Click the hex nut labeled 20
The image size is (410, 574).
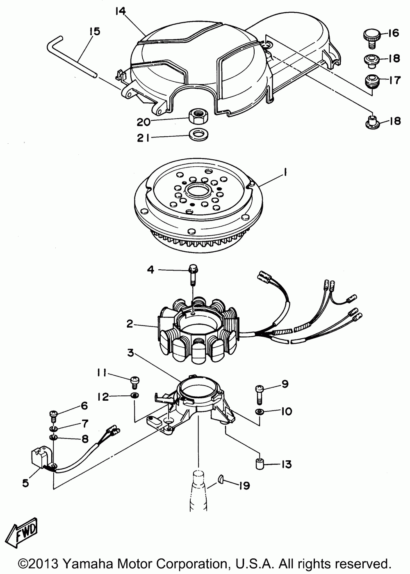tap(199, 118)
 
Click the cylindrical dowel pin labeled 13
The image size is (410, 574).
tap(259, 464)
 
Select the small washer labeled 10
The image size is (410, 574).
tap(259, 411)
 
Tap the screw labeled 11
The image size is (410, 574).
tap(134, 381)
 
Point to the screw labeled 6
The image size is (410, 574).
tap(54, 414)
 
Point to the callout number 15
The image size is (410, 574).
tap(94, 32)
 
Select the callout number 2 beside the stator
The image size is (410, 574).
tap(130, 324)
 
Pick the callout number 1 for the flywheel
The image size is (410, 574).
tap(285, 173)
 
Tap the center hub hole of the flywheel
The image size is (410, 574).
tap(198, 191)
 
